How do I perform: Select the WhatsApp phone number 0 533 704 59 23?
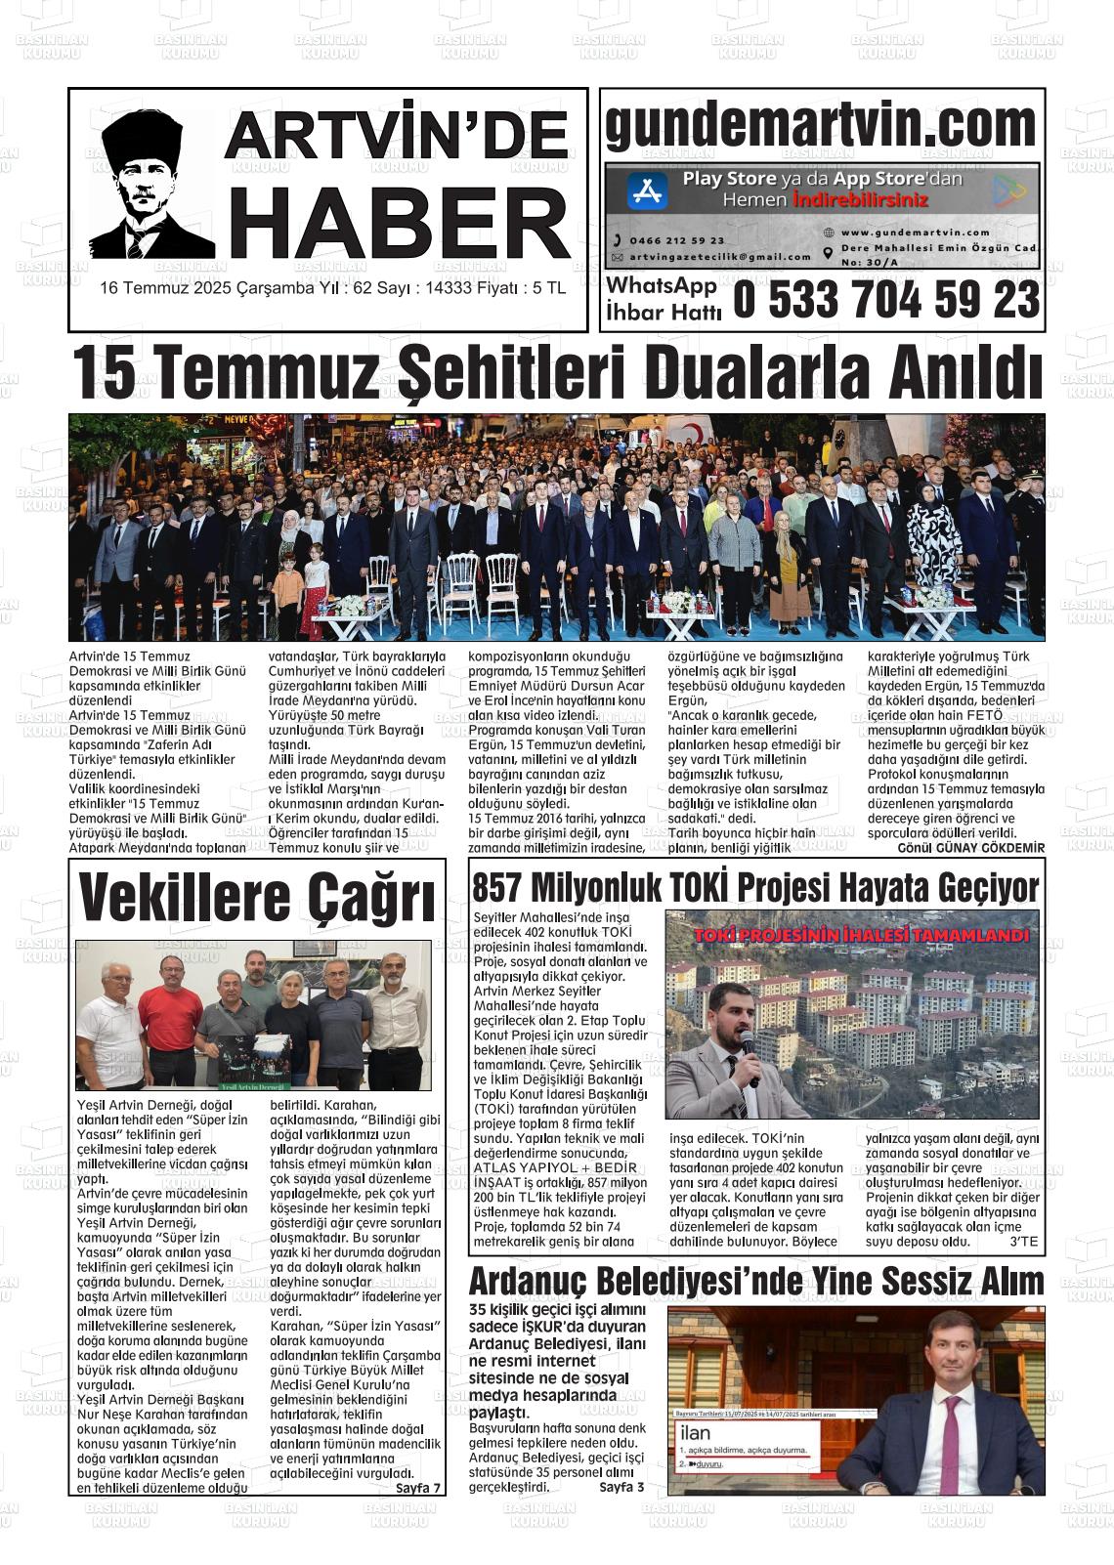click(886, 300)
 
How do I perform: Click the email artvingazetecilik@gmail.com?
click(719, 257)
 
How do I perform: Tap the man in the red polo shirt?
click(170, 1016)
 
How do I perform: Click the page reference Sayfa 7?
click(419, 1488)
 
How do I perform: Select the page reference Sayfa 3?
click(621, 1487)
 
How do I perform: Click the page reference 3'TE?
click(1023, 1242)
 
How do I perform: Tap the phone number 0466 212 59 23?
click(676, 240)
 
